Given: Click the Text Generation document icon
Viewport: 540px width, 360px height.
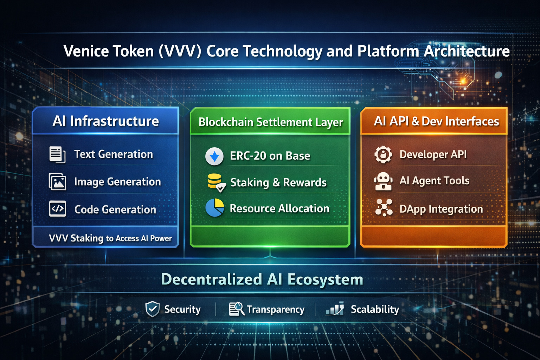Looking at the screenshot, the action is [x=57, y=155].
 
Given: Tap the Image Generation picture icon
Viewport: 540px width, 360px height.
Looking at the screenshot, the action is [x=57, y=182].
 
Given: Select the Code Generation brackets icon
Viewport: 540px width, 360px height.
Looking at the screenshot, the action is [x=57, y=209].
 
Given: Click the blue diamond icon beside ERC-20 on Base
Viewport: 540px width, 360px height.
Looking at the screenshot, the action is [x=214, y=156].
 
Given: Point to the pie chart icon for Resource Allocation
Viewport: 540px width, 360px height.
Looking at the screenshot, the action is [x=215, y=208].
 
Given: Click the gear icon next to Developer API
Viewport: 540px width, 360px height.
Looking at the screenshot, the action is [x=383, y=155].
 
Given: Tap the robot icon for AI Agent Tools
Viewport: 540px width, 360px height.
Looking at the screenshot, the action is [x=383, y=181].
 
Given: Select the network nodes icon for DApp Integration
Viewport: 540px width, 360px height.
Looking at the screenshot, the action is [x=384, y=208].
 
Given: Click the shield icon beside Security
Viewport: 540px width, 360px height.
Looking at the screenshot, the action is [x=152, y=309].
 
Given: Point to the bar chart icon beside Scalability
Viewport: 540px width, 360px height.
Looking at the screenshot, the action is [x=335, y=308].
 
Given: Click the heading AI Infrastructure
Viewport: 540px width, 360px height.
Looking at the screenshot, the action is [x=105, y=121].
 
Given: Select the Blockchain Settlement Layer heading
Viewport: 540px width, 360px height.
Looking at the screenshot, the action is [x=271, y=122].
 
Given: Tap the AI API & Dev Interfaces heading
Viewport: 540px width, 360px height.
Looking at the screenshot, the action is [x=436, y=121].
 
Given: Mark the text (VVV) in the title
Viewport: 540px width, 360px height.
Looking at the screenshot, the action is [x=180, y=51].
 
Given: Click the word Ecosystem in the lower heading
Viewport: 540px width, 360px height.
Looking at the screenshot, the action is [x=325, y=279].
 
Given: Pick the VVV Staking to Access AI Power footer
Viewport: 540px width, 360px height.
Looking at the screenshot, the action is [x=110, y=238].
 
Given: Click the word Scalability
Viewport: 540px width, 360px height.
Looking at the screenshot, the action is [x=375, y=309].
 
